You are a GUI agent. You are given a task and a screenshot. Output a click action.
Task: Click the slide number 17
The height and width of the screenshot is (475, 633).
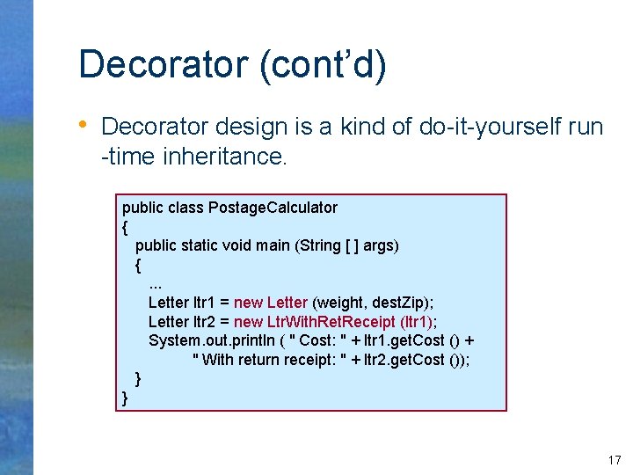coord(614,460)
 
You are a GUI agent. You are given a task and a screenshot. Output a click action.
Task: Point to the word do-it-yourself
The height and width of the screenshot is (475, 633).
coord(490,128)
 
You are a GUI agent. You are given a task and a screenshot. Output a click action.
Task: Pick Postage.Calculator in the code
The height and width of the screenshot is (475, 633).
coord(273,208)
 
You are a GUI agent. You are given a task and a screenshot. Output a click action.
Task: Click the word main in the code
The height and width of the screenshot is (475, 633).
coord(272,245)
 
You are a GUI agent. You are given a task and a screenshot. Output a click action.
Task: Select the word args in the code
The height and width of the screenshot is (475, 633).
coord(380,245)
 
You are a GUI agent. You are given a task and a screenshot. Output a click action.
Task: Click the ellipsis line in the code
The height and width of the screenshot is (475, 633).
coord(156,283)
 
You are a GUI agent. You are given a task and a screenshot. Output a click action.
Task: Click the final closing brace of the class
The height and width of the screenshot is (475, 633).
coord(125,398)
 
